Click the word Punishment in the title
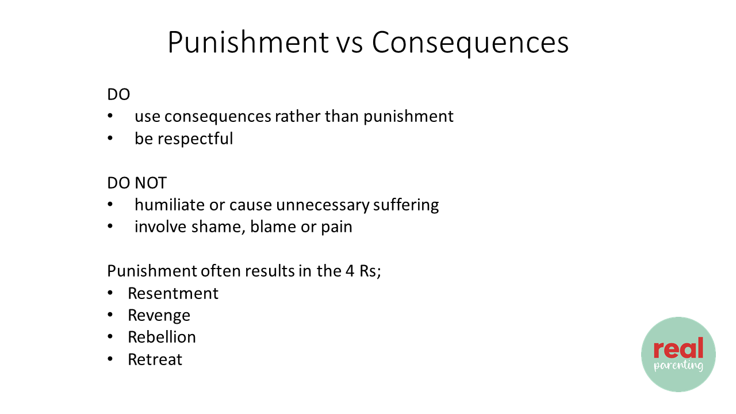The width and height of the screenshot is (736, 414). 248,42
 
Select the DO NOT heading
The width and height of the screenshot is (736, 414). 137,183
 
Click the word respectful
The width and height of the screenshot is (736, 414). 195,139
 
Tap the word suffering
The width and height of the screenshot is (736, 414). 406,205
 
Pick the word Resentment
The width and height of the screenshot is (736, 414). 173,293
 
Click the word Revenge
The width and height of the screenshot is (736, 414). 159,316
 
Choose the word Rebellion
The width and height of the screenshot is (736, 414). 162,337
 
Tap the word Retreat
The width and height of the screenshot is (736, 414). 155,359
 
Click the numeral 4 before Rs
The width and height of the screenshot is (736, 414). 350,271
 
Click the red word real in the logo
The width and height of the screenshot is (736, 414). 678,348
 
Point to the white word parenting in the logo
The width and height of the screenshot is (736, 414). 678,366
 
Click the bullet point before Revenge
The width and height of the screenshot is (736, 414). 110,315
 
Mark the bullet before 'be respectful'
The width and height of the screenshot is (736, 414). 110,139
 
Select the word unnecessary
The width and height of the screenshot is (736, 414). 323,205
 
